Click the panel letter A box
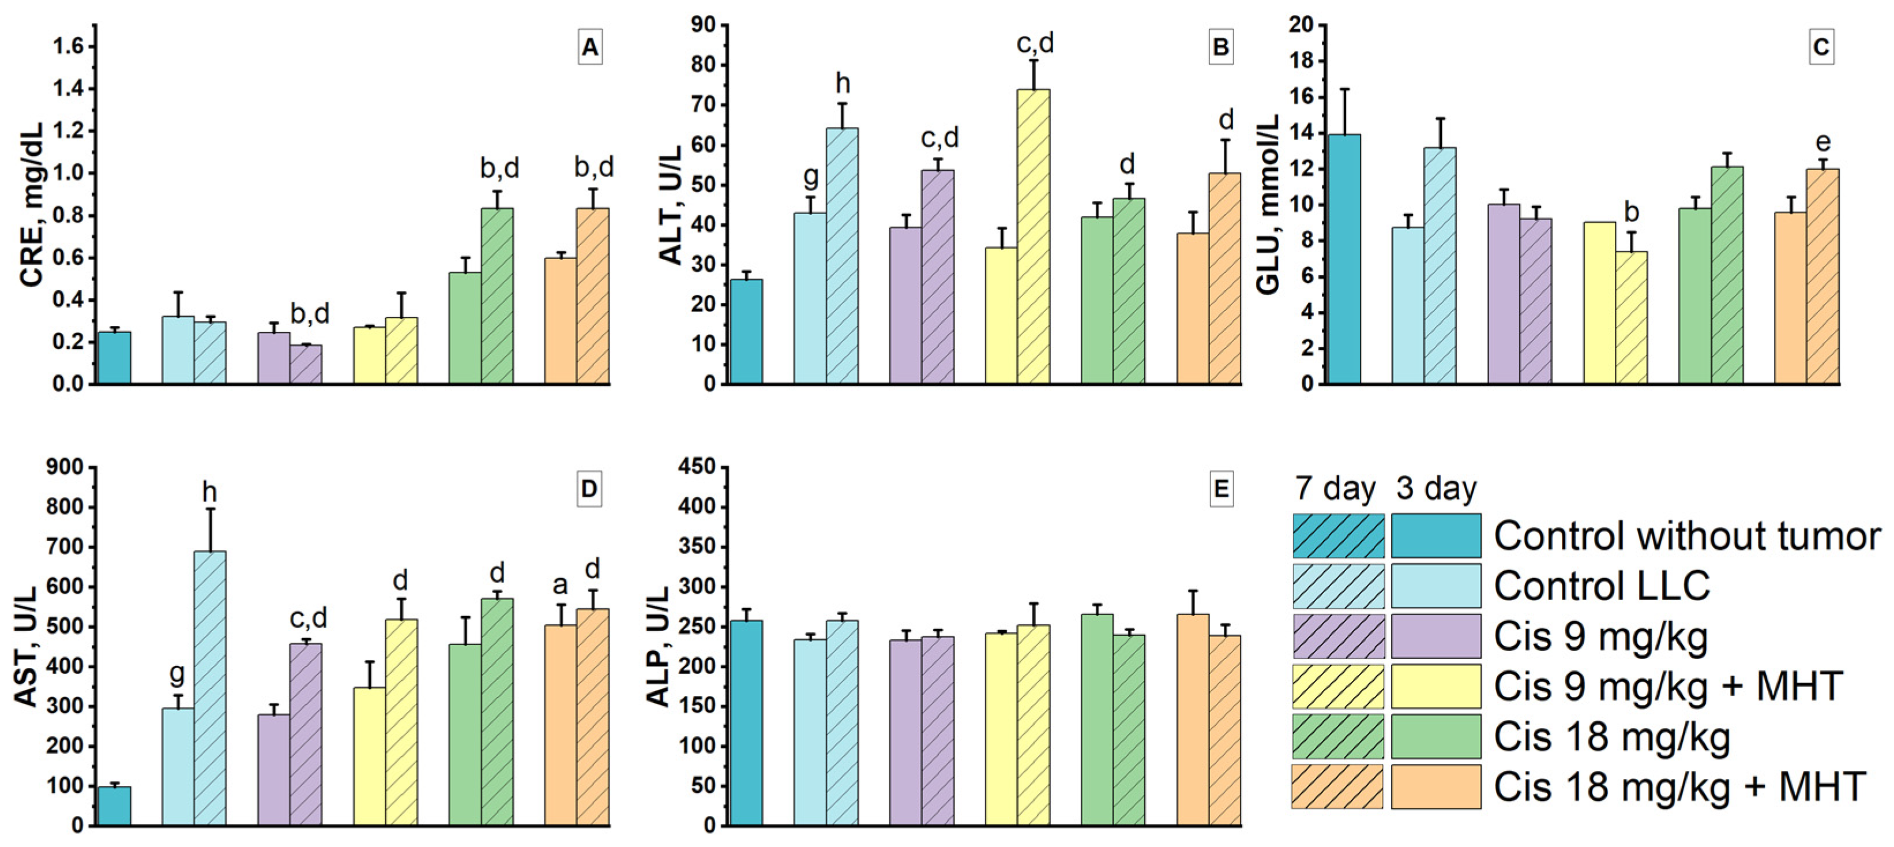tap(589, 48)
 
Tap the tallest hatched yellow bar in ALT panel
tap(1034, 236)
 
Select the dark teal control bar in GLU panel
tap(1344, 259)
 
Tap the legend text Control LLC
tap(1602, 586)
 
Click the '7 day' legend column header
tap(1335, 488)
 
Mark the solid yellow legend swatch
tap(1436, 686)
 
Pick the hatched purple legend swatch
tap(1338, 636)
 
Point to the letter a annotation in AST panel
tap(560, 585)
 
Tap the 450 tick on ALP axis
tap(699, 467)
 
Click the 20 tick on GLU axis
tap(1301, 25)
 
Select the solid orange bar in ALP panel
tap(1193, 720)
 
